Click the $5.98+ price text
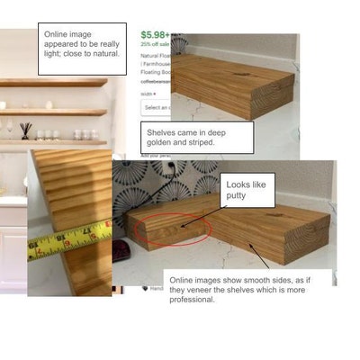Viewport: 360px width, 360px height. (x=156, y=36)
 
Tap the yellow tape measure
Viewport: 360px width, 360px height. (x=68, y=241)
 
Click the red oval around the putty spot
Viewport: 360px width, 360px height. (x=171, y=229)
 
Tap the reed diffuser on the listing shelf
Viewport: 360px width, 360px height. (x=24, y=130)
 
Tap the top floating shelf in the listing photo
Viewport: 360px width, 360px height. (x=54, y=82)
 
